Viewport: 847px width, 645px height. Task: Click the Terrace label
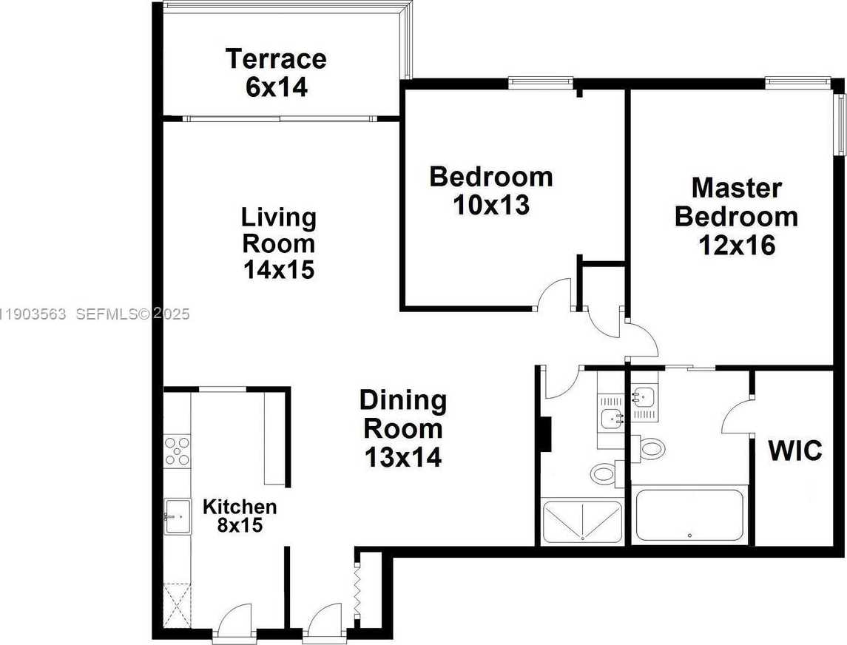point(276,58)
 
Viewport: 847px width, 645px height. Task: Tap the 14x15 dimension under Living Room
point(279,270)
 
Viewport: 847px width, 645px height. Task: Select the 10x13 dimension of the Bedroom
point(491,205)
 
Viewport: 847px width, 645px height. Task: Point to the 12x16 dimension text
point(737,245)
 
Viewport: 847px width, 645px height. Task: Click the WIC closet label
point(794,450)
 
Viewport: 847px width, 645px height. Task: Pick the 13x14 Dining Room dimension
point(403,458)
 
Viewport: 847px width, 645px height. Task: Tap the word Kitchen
point(240,507)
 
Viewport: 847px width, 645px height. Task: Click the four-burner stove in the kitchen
point(177,450)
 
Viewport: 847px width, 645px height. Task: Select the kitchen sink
point(177,516)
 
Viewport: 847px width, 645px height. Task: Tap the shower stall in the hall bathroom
point(582,522)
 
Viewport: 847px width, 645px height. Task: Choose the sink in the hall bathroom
point(612,418)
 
